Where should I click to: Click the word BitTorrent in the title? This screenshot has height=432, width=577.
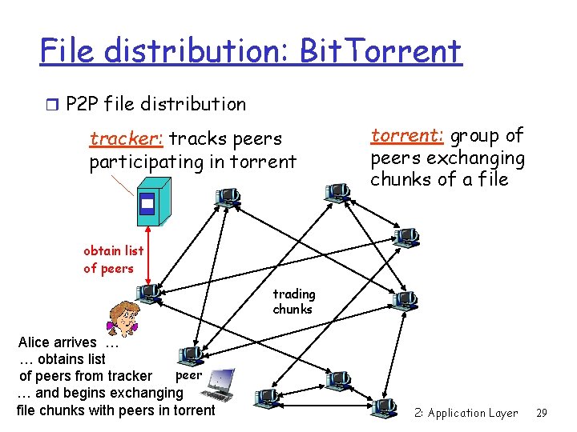381,51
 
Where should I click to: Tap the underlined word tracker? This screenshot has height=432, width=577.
127,139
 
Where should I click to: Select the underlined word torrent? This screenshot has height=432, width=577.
407,135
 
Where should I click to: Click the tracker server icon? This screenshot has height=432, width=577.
147,206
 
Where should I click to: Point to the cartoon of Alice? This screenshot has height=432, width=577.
123,317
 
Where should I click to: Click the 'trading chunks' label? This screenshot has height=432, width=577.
293,302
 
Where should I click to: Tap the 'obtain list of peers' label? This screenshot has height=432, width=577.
113,260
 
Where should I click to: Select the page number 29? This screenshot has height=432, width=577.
541,413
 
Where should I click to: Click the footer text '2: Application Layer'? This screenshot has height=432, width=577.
466,413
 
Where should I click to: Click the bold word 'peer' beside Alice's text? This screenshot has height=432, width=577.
188,374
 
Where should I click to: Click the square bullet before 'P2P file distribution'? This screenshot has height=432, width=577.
53,103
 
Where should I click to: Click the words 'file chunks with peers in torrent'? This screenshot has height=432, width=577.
115,410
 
